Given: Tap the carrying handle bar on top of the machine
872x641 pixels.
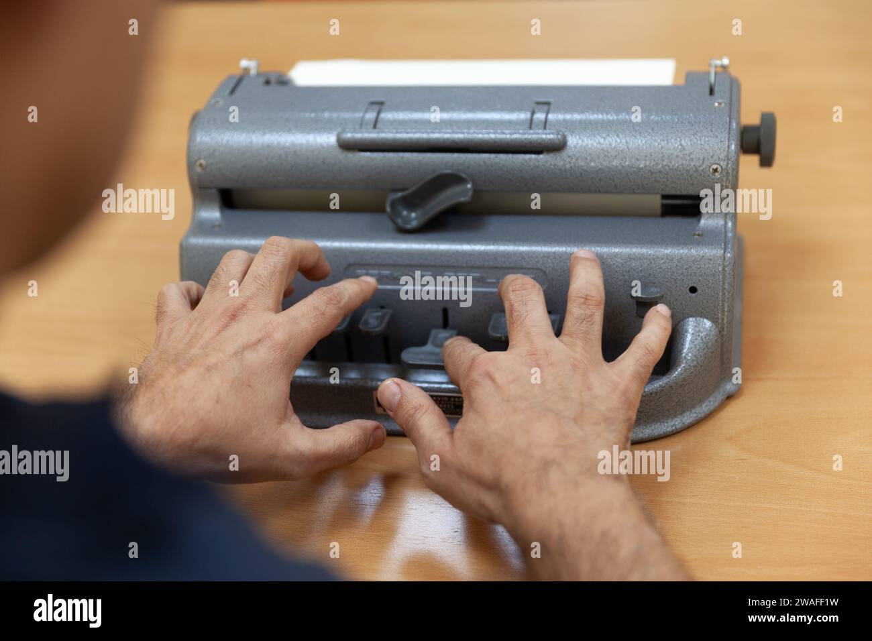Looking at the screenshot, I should point(451,141).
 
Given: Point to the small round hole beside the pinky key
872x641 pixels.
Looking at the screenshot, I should point(692,291).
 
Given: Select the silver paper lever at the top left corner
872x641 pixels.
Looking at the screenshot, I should point(250,67).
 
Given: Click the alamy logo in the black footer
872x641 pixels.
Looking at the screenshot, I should point(67,611).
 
